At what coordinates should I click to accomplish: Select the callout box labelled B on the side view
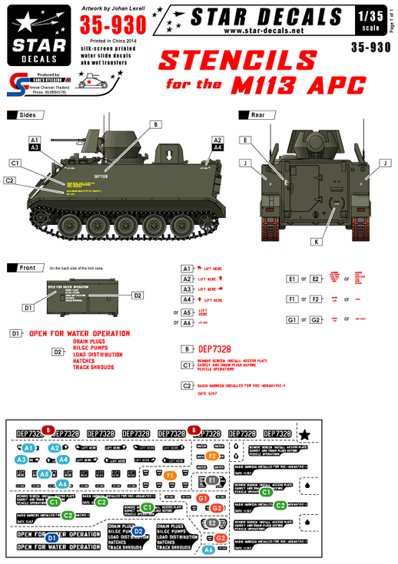154,124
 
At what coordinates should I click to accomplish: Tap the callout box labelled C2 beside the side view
10,180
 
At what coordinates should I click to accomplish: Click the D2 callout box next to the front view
138,295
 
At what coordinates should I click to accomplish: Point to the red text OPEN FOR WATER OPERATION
79,334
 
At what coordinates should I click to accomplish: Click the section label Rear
257,114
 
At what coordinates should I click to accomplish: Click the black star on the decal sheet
305,435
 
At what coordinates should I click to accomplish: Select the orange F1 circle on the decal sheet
171,477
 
